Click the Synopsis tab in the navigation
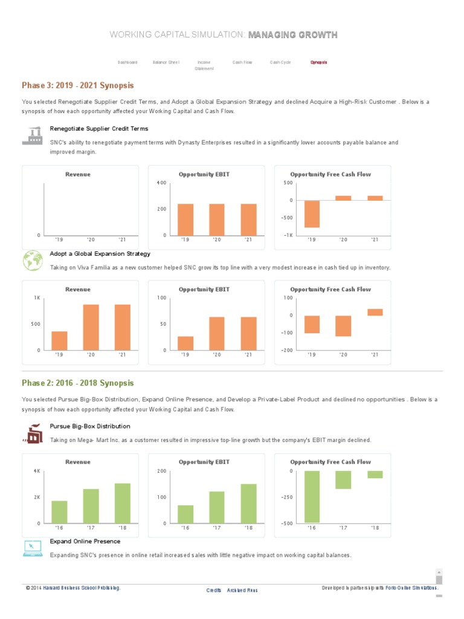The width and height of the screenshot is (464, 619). (319, 62)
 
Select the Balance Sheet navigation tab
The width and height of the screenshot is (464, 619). (166, 62)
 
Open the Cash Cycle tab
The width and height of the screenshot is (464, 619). (280, 62)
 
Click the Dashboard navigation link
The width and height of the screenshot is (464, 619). (127, 62)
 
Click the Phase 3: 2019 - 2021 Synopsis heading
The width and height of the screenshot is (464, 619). (78, 85)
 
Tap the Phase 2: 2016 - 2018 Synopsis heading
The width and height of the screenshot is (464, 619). (78, 383)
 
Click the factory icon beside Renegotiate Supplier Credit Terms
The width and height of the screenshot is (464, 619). (32, 136)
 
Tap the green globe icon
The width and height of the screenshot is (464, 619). (32, 261)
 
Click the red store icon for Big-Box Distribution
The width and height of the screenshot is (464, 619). (32, 433)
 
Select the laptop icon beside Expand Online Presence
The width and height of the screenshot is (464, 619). (32, 548)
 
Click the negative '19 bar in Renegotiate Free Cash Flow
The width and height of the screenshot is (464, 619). (312, 214)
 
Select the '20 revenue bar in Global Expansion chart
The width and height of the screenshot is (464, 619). (91, 327)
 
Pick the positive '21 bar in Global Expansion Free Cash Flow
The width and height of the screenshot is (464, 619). (375, 312)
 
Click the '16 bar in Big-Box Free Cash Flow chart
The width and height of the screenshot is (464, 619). (312, 496)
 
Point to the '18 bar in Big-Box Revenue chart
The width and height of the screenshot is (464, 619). (123, 503)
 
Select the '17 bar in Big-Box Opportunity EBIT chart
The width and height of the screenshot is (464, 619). (217, 507)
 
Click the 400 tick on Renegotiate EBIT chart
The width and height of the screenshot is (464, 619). (161, 183)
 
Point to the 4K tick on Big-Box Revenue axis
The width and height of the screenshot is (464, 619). (36, 471)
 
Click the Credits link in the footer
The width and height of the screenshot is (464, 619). (214, 590)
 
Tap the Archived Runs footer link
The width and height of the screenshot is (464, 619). (242, 590)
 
